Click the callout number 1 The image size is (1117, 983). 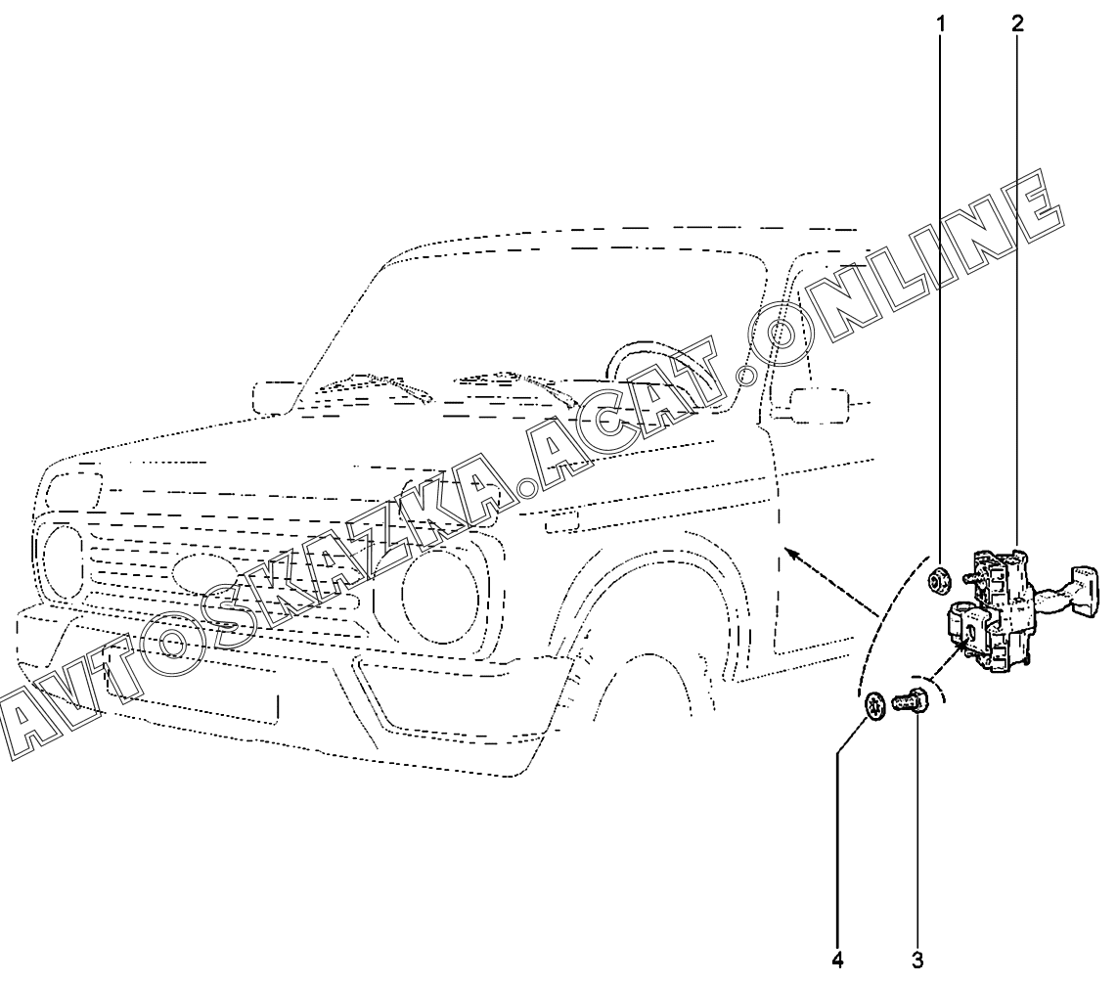point(942,22)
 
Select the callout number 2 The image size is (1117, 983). point(1018,22)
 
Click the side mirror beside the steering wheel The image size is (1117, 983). point(816,404)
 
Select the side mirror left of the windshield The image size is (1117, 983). point(272,396)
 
